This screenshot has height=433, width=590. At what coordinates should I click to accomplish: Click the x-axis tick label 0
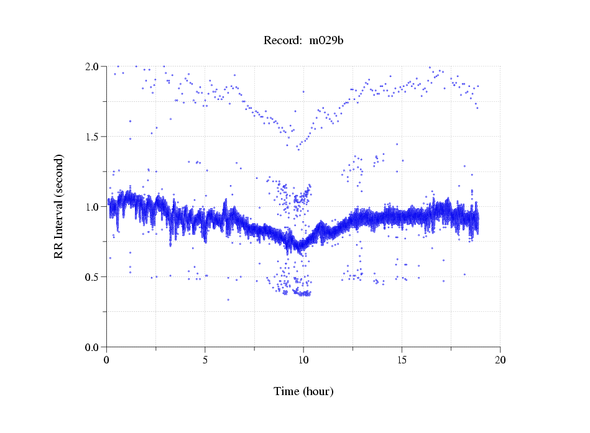point(107,360)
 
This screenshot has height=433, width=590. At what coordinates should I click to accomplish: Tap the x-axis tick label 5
point(205,360)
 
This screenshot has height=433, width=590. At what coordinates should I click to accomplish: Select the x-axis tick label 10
point(303,360)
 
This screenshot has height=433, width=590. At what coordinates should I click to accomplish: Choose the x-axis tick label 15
point(402,360)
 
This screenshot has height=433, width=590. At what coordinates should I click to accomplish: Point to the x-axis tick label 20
point(500,360)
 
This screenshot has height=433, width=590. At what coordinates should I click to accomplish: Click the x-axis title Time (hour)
point(303,392)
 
